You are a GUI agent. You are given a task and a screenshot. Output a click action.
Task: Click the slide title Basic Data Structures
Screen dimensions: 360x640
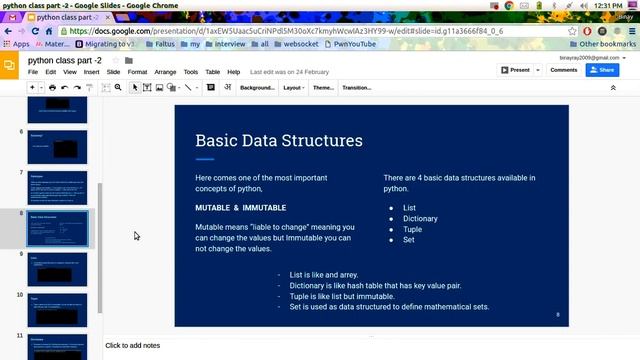coord(279,141)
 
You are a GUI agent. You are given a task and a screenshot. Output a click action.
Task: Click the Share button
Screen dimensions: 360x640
coord(601,70)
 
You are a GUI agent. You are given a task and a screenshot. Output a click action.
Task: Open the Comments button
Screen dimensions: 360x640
coord(563,70)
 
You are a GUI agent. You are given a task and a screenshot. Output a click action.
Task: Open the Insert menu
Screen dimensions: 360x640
coord(91,72)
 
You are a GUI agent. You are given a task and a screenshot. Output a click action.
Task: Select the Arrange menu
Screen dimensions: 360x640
coord(165,72)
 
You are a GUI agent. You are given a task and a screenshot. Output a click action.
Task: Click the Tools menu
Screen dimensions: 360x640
coord(190,72)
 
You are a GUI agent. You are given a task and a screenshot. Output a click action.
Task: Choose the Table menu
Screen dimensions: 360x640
coord(213,72)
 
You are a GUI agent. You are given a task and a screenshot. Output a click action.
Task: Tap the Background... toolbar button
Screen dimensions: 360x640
coord(257,88)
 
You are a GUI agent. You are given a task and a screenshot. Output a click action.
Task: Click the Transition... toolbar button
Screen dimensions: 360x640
coord(357,88)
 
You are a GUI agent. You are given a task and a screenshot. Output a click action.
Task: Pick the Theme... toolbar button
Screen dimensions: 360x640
coord(323,88)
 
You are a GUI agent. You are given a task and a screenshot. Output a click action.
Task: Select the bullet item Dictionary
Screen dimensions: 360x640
coord(421,218)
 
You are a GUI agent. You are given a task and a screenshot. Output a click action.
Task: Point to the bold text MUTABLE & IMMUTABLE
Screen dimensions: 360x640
coord(241,208)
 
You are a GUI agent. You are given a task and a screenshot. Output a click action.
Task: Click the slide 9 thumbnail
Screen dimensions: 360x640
coord(57,269)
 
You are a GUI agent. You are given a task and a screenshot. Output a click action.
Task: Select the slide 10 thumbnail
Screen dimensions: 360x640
coord(57,309)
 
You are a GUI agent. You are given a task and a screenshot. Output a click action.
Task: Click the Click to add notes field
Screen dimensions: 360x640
coord(132,346)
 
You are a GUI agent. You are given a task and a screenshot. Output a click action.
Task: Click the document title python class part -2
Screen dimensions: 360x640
coord(65,60)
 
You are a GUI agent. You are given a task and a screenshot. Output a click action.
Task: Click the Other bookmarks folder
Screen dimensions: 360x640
coord(606,43)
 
